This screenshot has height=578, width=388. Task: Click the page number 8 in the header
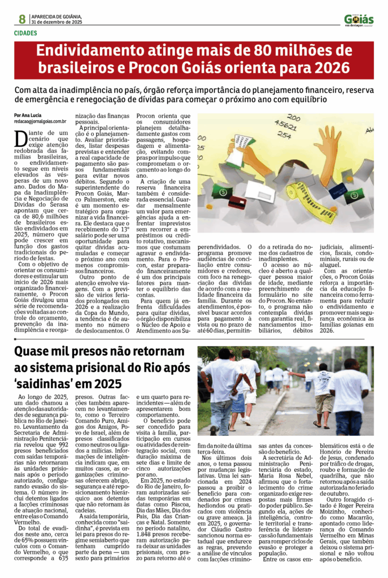22,19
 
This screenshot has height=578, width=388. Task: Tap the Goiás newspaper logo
359,20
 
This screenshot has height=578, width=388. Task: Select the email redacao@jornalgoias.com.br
40,121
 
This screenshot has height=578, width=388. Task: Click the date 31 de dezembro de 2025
56,22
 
